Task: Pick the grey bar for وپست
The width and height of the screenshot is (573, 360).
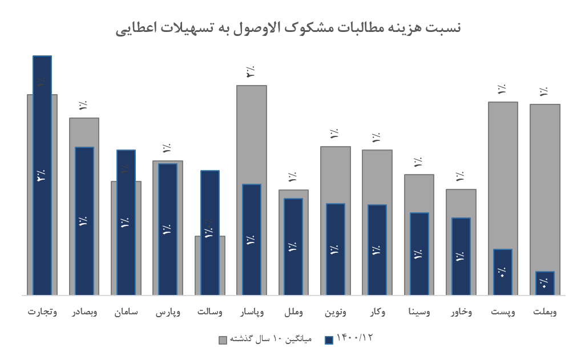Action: pos(503,171)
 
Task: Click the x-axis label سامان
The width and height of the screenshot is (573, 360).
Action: pos(126,312)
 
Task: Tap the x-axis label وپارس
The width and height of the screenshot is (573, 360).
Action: pos(168,312)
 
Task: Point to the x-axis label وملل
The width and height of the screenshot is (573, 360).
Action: pos(293,312)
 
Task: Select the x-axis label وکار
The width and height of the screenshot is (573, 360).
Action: pos(377,312)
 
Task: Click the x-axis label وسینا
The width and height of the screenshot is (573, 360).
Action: pos(419,312)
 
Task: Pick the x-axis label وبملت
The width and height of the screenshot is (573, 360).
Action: pos(544,312)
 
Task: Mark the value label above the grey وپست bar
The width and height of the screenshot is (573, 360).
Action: pos(502,90)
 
